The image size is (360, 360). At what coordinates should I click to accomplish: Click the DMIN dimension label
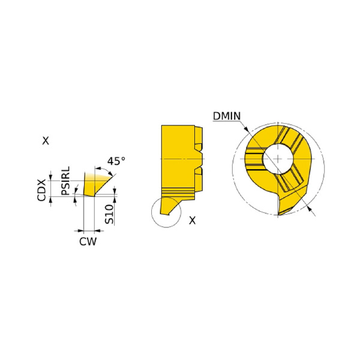click(227, 116)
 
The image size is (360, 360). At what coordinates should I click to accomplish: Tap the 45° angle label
click(116, 161)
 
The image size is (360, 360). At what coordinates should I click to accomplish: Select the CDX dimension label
click(41, 190)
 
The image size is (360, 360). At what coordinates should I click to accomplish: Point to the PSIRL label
click(65, 181)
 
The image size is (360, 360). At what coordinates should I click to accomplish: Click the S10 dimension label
click(109, 214)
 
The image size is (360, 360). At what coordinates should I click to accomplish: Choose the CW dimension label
click(88, 242)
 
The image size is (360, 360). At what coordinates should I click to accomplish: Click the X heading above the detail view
click(46, 141)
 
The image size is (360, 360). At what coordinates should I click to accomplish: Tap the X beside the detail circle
click(192, 220)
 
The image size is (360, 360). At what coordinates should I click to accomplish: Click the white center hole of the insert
click(278, 158)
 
